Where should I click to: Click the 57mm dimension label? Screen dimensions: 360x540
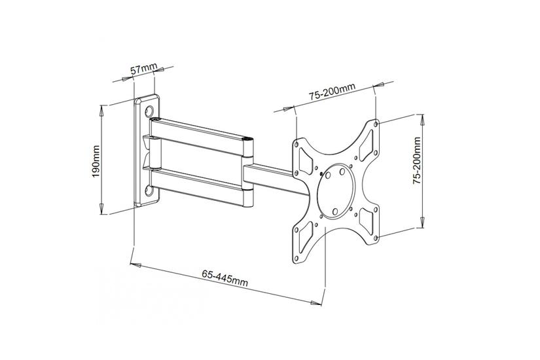(x=144, y=69)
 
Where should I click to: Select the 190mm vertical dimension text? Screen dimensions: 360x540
(x=96, y=161)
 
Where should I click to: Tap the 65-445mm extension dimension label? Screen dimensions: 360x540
(x=225, y=278)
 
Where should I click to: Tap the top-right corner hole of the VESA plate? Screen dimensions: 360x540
(x=376, y=122)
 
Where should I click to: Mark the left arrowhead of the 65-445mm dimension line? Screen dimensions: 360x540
(x=134, y=264)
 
